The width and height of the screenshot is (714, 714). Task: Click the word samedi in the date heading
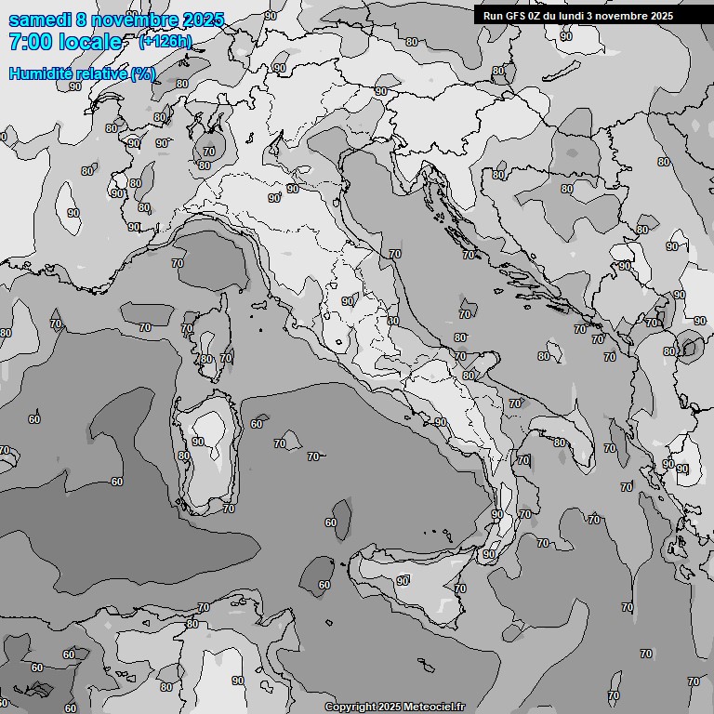click(36, 20)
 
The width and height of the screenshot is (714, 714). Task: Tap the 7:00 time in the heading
click(30, 42)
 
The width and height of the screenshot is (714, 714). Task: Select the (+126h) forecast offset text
click(165, 41)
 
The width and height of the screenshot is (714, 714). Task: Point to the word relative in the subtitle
click(99, 73)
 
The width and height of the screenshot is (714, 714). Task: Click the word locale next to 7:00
click(90, 42)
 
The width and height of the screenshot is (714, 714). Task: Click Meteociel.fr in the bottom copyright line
click(430, 707)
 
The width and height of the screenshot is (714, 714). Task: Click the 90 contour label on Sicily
click(403, 581)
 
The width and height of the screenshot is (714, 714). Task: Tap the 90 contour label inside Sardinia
click(197, 442)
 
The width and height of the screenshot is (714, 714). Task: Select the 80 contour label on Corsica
click(206, 359)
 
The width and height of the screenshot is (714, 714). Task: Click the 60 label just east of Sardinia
click(257, 424)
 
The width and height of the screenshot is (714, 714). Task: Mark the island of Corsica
click(212, 339)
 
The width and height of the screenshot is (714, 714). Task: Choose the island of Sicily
click(418, 581)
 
